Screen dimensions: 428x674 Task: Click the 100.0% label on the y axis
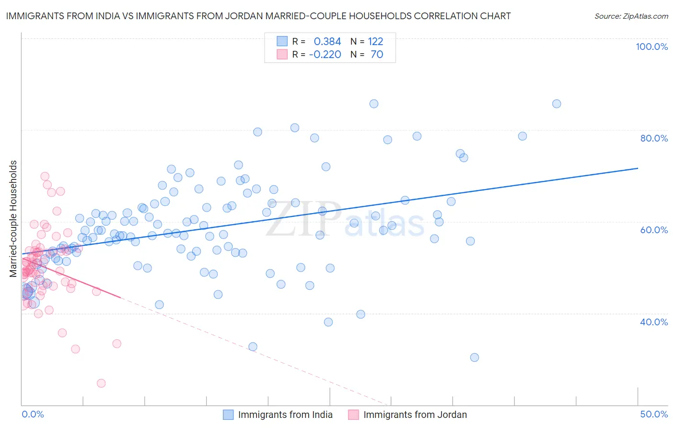pos(651,47)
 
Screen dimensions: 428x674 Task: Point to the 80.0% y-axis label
pos(654,138)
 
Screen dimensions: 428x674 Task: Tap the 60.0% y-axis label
pos(654,230)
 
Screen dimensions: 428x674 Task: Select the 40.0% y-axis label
pos(654,322)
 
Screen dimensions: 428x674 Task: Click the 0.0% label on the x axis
pos(33,414)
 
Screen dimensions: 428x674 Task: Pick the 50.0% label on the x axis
pos(654,414)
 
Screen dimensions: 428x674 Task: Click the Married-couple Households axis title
pos(13,219)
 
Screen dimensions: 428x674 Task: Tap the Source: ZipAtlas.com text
pos(631,16)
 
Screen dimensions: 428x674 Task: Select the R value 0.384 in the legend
pos(327,41)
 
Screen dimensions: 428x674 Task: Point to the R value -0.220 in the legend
pos(325,54)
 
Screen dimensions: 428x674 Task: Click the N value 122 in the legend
pos(375,41)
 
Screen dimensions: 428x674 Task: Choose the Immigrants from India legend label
pos(285,415)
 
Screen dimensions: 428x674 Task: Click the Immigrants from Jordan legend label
pos(415,415)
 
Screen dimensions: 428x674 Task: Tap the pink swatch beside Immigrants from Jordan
pos(354,415)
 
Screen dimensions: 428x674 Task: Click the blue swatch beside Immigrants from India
pos(228,415)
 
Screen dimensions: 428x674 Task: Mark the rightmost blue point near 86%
pos(557,104)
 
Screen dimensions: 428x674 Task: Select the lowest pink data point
pos(101,383)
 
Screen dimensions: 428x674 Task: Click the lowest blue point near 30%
pos(475,357)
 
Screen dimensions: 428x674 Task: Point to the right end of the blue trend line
pos(638,168)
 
